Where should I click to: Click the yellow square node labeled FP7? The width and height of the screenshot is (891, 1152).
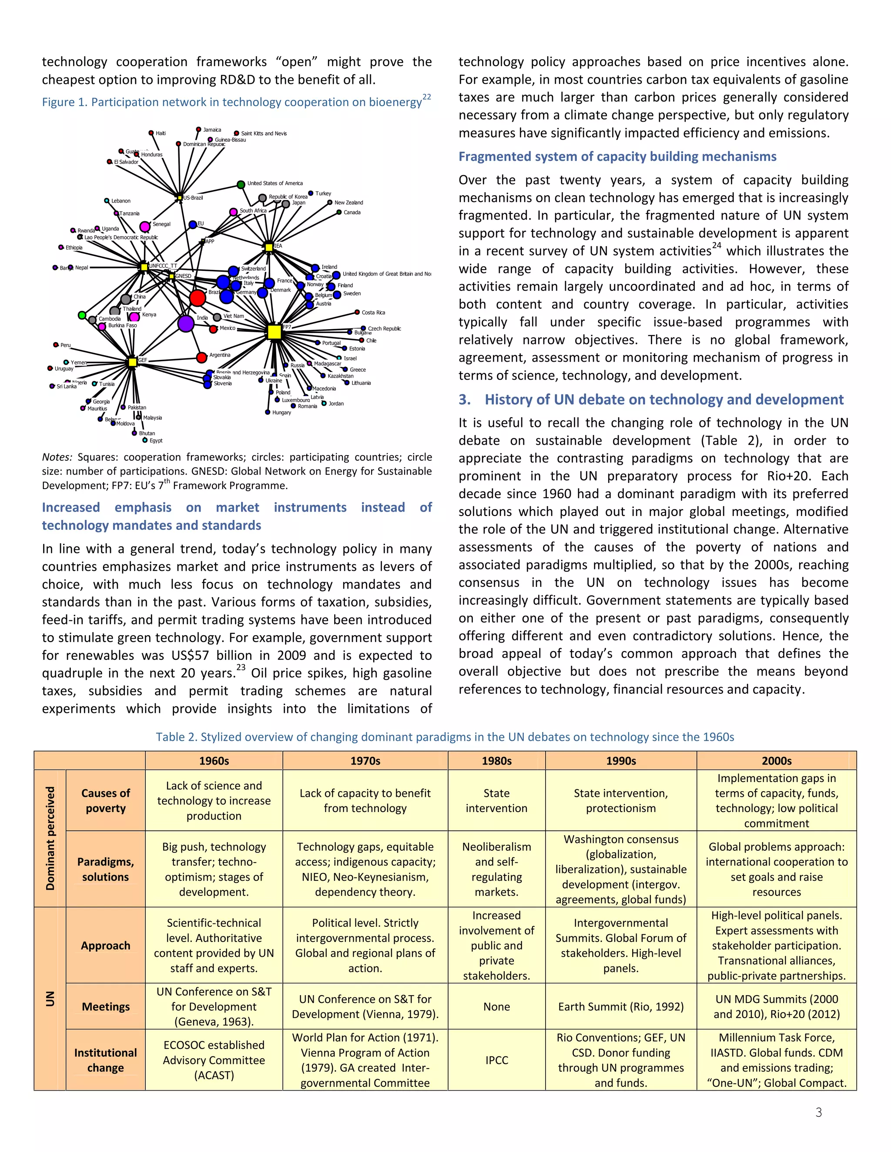point(274,332)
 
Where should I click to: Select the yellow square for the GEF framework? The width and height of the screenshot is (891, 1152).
point(133,362)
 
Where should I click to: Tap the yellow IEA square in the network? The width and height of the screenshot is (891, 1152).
point(269,247)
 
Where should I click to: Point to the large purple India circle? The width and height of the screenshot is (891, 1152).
point(186,323)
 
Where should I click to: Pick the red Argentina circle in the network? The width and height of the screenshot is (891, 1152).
point(201,358)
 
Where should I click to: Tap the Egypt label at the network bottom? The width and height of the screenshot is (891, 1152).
point(156,440)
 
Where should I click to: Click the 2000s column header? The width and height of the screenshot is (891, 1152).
point(777,761)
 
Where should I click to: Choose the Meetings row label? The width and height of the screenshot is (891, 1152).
point(106,1006)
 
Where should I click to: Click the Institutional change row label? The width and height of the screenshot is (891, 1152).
point(106,1060)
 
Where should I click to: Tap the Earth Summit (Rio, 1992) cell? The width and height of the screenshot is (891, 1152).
point(621,1006)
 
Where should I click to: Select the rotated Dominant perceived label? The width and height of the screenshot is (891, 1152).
point(50,838)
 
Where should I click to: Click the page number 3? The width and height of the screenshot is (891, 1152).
point(819,1112)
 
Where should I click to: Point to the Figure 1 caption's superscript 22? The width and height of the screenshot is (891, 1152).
point(426,97)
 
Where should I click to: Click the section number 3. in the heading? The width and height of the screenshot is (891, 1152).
point(465,400)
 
